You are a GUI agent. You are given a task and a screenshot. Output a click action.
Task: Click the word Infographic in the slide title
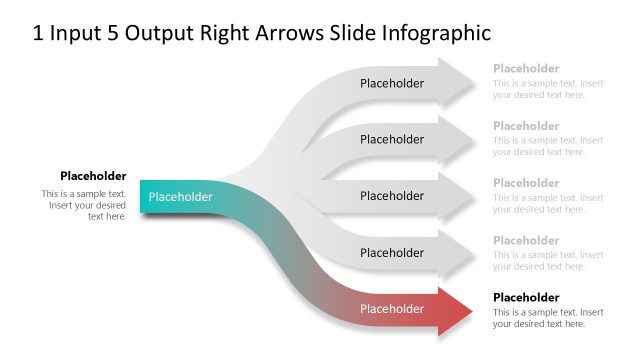[x=436, y=33]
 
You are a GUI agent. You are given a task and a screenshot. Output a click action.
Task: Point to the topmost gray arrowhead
[x=457, y=84]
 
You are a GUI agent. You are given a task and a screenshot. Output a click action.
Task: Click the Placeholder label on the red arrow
[x=392, y=309]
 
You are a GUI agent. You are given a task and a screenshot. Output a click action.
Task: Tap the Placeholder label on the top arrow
[x=392, y=84]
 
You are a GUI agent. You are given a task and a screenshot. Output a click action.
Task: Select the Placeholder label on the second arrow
[x=392, y=140]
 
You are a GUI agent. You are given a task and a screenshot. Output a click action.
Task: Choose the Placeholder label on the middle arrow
[x=392, y=197]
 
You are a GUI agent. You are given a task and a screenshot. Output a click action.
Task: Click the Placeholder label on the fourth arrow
[x=392, y=253]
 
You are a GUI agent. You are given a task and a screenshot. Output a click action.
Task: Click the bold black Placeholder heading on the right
[x=526, y=298]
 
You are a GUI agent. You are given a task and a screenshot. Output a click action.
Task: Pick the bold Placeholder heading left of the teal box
[x=93, y=176]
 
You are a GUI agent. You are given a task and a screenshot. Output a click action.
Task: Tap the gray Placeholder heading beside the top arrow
[x=526, y=69]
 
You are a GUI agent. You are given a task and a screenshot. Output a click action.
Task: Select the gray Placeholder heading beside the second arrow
[x=526, y=126]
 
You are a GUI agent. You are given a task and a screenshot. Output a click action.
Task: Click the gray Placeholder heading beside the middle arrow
[x=526, y=183]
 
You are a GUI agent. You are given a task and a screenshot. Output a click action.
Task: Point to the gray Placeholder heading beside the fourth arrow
[x=526, y=240]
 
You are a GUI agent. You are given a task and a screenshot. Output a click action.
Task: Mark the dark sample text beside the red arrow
[x=548, y=318]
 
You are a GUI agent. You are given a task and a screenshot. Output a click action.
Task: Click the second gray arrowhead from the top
[x=457, y=140]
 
